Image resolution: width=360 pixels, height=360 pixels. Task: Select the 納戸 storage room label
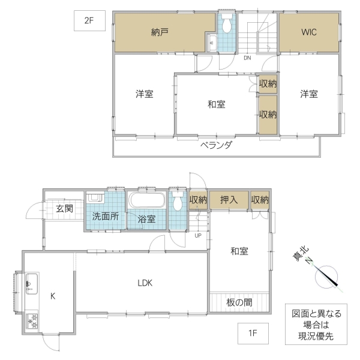(160, 32)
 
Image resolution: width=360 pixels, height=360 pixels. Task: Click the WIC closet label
(309, 32)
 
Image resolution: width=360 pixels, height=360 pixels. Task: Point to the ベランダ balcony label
(216, 145)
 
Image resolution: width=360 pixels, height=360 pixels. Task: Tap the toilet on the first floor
(178, 203)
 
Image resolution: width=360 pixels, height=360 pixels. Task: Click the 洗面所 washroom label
(105, 216)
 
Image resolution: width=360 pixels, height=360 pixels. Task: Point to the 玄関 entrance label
(64, 209)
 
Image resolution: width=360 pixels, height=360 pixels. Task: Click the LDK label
(145, 283)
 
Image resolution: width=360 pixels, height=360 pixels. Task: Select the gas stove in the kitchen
(31, 322)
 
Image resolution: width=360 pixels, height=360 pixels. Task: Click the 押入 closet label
(229, 200)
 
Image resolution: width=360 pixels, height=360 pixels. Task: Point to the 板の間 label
(239, 302)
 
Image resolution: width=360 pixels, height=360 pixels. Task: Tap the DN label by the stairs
(247, 58)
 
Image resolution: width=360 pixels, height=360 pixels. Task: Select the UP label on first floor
(198, 235)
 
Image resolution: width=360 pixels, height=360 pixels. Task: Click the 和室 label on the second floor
(217, 105)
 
